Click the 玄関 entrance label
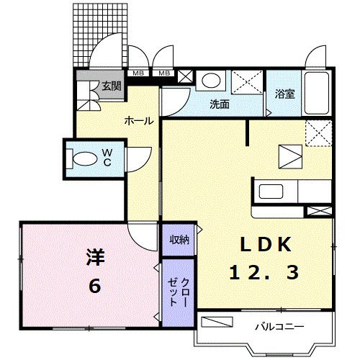tap(112, 86)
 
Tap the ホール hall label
tap(139, 121)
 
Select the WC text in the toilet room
tap(107, 157)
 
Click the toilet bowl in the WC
tap(85, 158)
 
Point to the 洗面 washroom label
tap(220, 104)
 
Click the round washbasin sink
tap(211, 80)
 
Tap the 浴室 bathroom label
tap(285, 94)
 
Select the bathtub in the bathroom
tap(317, 93)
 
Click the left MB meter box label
tap(138, 73)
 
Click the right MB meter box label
tap(165, 73)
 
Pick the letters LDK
tap(266, 244)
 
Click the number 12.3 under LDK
tap(264, 272)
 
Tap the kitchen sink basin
tap(271, 192)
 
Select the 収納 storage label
tap(179, 240)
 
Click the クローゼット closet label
tap(178, 292)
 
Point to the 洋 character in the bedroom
tap(96, 257)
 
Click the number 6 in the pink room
tap(95, 286)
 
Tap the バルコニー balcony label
tap(279, 327)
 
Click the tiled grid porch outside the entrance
tap(100, 35)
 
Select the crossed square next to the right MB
tap(185, 76)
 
